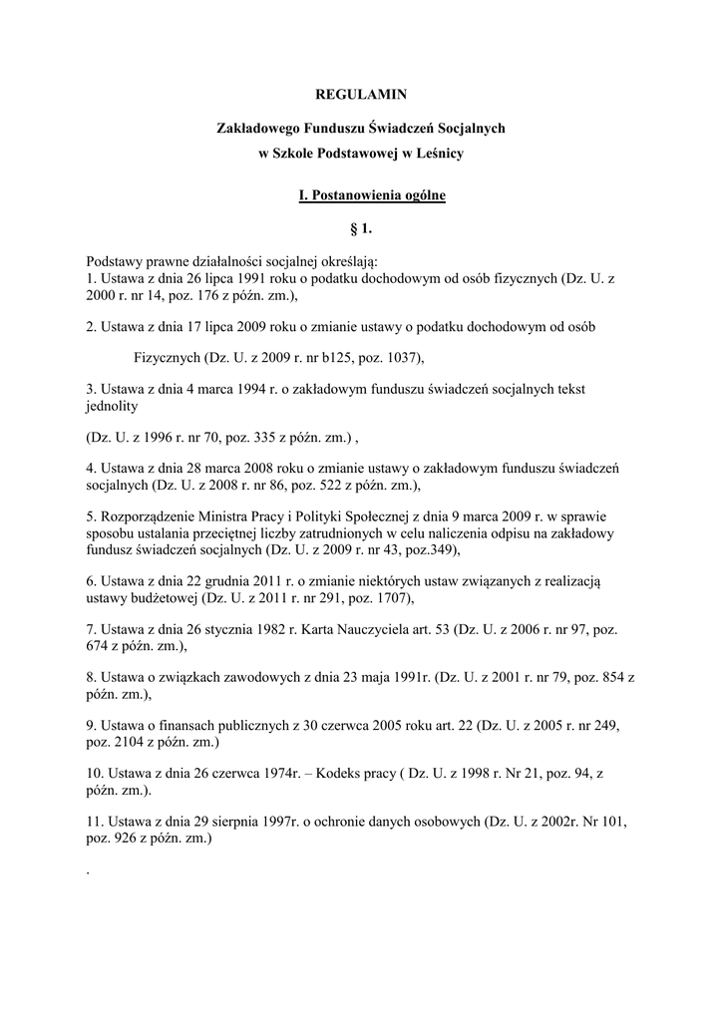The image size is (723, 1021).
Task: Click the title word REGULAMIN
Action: pyautogui.click(x=361, y=95)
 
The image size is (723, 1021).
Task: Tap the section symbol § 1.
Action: pyautogui.click(x=361, y=229)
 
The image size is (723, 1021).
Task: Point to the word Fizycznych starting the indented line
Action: pyautogui.click(x=168, y=357)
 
